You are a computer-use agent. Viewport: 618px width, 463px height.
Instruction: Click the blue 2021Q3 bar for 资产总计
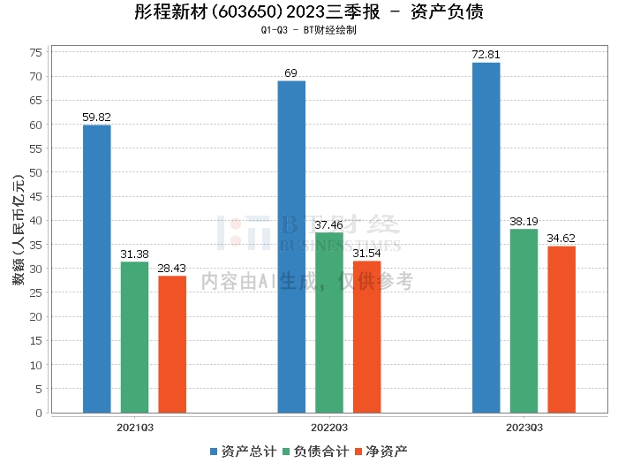coord(97,269)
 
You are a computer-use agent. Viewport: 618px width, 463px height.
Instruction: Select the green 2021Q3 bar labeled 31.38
coord(134,338)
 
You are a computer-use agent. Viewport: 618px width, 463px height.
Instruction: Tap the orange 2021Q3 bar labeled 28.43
coord(172,345)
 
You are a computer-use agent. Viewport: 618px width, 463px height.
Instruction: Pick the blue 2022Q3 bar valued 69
coord(291,247)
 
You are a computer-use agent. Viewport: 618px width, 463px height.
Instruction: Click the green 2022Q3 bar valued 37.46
coord(329,323)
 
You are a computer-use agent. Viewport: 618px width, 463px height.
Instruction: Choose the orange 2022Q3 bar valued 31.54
coord(366,337)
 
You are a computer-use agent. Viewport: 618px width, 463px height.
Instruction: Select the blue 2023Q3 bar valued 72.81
coord(486,238)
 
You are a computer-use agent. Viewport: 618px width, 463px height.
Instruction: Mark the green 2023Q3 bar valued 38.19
coord(524,321)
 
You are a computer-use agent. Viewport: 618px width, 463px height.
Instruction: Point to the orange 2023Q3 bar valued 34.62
coord(561,330)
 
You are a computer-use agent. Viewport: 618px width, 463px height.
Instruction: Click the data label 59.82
coord(97,117)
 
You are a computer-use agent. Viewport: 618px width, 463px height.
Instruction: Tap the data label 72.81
coord(486,55)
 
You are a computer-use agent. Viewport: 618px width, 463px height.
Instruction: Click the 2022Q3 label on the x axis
coord(329,428)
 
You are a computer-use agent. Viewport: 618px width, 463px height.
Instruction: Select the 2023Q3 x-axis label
coord(524,428)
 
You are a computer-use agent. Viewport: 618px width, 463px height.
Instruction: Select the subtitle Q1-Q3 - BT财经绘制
coord(308,30)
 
